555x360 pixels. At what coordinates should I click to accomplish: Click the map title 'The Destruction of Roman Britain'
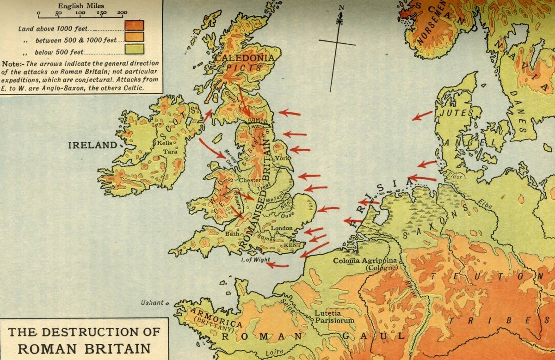[84, 339]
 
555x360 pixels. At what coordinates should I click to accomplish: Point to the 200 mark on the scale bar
[122, 13]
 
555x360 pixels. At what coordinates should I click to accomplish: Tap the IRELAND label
[93, 145]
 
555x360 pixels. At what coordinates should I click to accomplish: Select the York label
[281, 159]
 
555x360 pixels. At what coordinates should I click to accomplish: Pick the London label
[282, 228]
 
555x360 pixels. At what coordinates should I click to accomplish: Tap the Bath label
[232, 234]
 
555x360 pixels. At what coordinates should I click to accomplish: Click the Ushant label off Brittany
[152, 303]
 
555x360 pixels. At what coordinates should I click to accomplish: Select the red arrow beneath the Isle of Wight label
[278, 265]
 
